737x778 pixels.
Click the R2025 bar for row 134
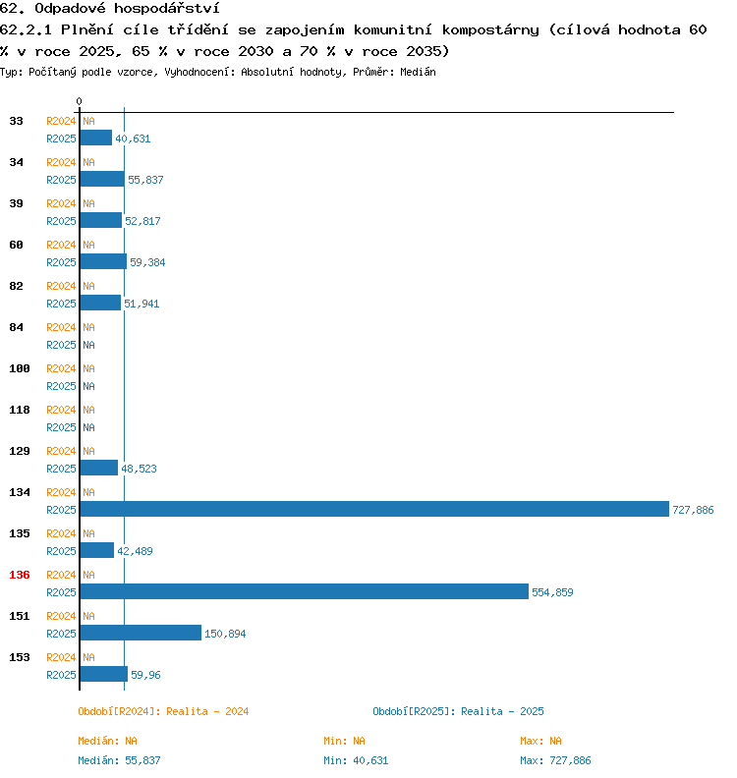pyautogui.click(x=373, y=509)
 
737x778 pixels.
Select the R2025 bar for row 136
pyautogui.click(x=304, y=591)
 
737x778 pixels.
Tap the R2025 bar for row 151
pyautogui.click(x=141, y=633)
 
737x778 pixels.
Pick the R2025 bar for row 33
pyautogui.click(x=96, y=138)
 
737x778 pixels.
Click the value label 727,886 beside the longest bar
pyautogui.click(x=693, y=510)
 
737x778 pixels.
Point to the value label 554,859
pyautogui.click(x=552, y=592)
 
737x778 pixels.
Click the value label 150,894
pyautogui.click(x=225, y=634)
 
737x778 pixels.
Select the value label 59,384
pyautogui.click(x=147, y=262)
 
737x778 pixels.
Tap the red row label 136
pyautogui.click(x=20, y=575)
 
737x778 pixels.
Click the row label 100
pyautogui.click(x=20, y=368)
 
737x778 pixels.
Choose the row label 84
pyautogui.click(x=17, y=327)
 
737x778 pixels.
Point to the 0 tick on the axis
pyautogui.click(x=79, y=101)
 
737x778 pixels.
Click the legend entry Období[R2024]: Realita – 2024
pyautogui.click(x=163, y=711)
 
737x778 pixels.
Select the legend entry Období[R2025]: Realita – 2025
pyautogui.click(x=458, y=711)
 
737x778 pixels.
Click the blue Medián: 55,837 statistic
pyautogui.click(x=119, y=760)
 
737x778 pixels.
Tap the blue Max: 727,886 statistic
pyautogui.click(x=555, y=760)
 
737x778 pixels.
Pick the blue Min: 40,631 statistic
pyautogui.click(x=356, y=760)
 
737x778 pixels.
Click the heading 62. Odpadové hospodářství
pyautogui.click(x=109, y=8)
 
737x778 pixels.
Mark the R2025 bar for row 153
pyautogui.click(x=103, y=674)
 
